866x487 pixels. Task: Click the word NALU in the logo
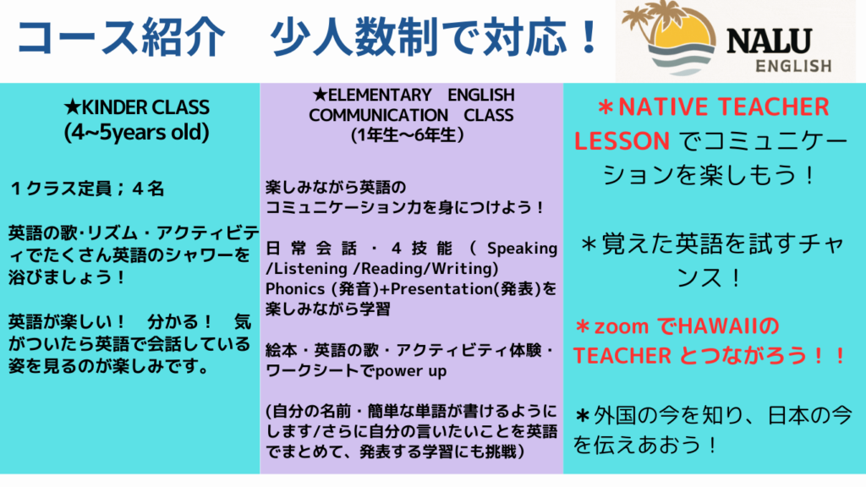769,41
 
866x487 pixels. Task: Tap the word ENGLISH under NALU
793,66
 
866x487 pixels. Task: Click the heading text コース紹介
122,37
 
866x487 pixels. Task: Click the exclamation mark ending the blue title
589,37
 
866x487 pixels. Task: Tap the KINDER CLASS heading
136,107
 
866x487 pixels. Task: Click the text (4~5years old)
136,133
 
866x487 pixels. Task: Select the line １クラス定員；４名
87,189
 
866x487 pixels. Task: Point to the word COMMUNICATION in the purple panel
378,115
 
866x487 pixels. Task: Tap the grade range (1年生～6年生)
408,135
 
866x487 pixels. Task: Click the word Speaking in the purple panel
522,249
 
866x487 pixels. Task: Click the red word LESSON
622,141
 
